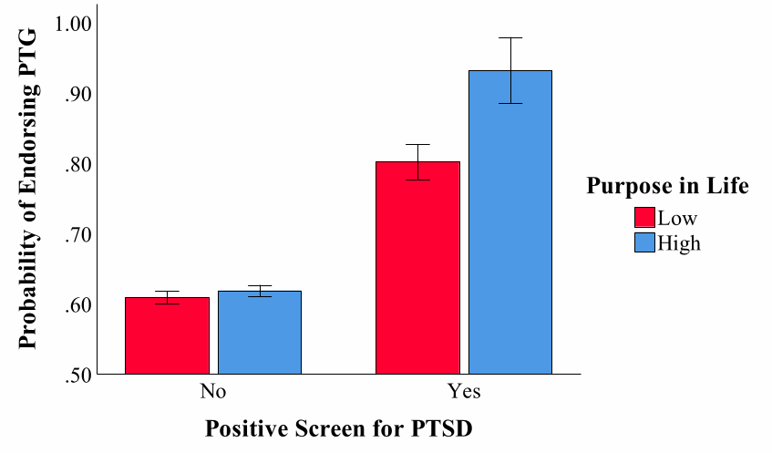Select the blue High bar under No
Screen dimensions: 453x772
(x=260, y=333)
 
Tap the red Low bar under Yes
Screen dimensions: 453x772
(x=418, y=268)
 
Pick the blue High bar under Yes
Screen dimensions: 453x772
(x=510, y=222)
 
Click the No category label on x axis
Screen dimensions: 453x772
(x=213, y=392)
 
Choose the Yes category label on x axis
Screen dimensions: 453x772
(x=465, y=392)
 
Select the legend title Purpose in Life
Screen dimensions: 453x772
(x=667, y=187)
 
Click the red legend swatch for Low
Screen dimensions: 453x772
(x=645, y=218)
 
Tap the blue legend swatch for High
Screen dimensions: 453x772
(x=645, y=242)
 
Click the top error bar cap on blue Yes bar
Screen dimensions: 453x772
(x=510, y=37)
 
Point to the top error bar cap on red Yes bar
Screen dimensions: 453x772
(x=418, y=144)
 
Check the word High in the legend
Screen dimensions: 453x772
(x=679, y=242)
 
